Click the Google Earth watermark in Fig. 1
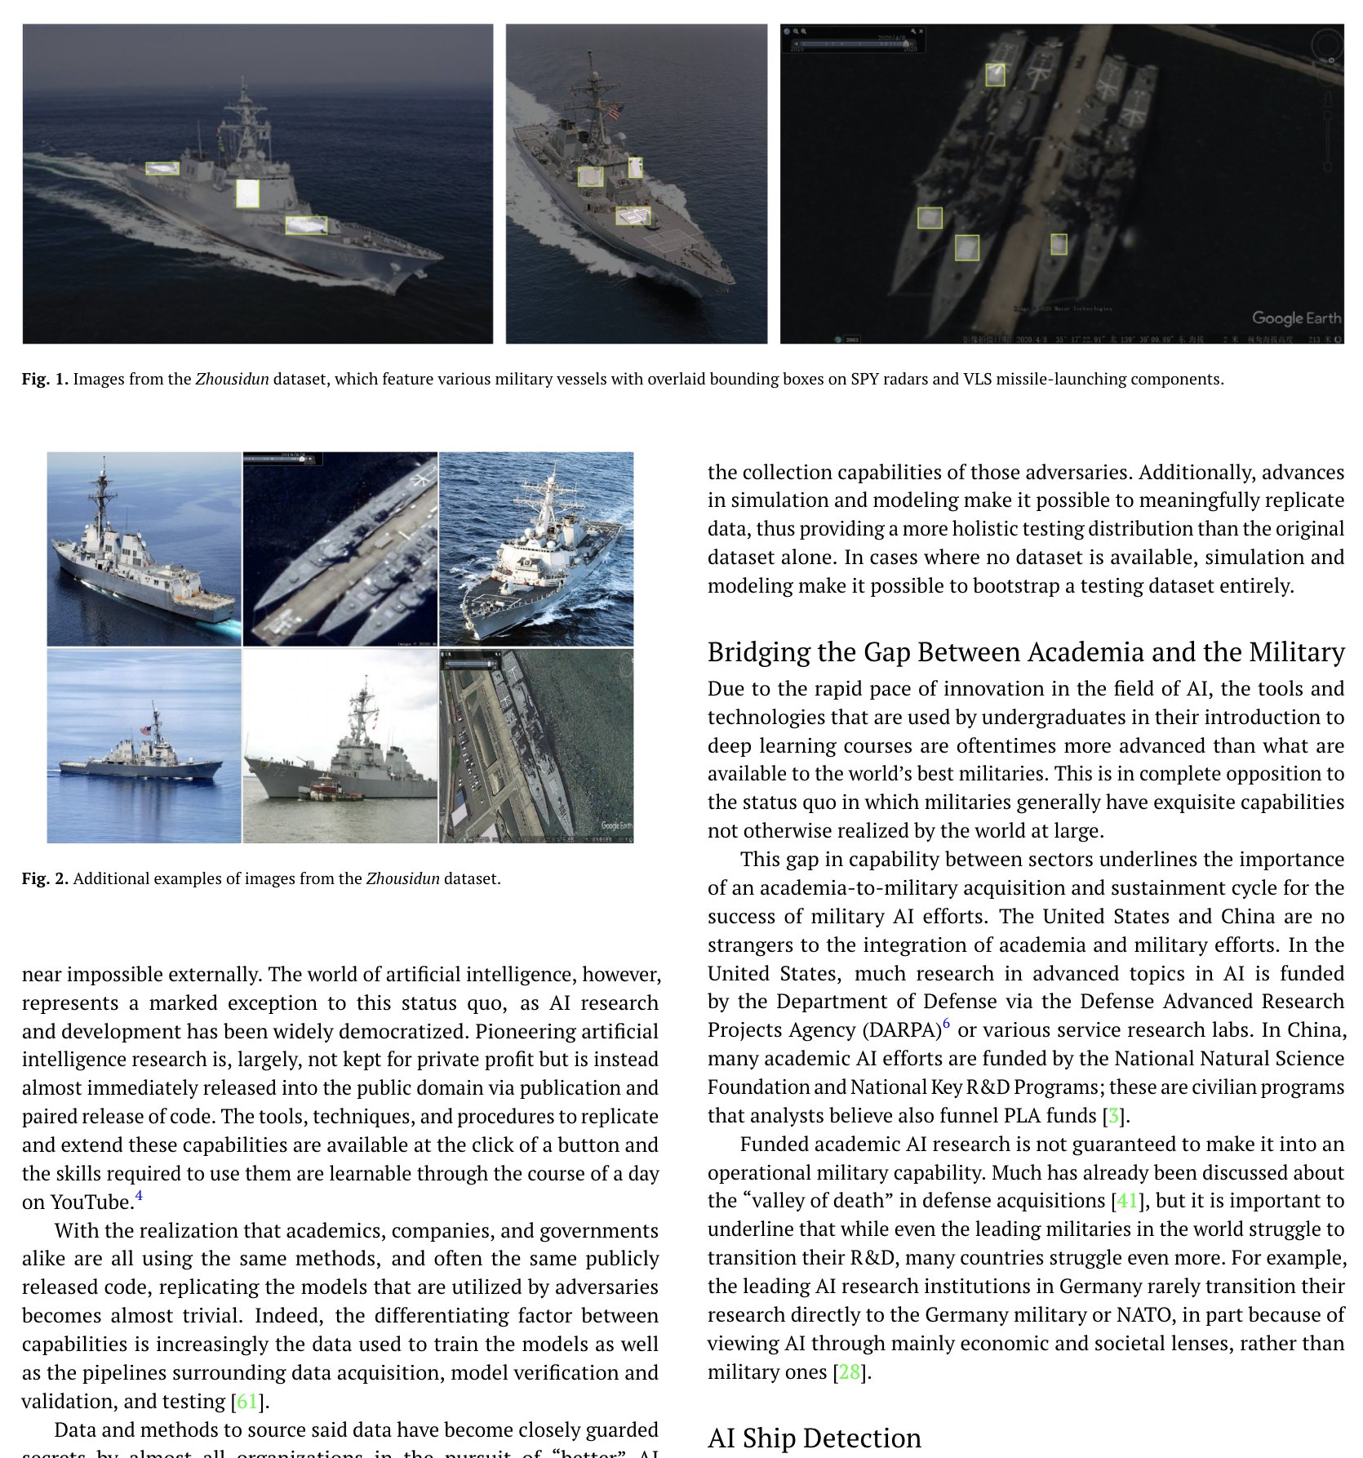click(1296, 318)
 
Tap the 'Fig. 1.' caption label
click(45, 379)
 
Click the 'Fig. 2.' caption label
click(45, 878)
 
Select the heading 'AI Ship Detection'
click(814, 1437)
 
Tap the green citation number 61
click(247, 1401)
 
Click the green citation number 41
click(1126, 1200)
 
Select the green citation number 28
click(849, 1371)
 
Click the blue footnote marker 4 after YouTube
click(139, 1196)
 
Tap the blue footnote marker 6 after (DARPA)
click(946, 1024)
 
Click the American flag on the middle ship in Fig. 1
click(615, 111)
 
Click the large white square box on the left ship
click(247, 193)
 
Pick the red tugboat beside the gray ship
click(327, 789)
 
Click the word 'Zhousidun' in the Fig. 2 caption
click(402, 878)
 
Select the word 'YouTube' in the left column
click(91, 1202)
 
